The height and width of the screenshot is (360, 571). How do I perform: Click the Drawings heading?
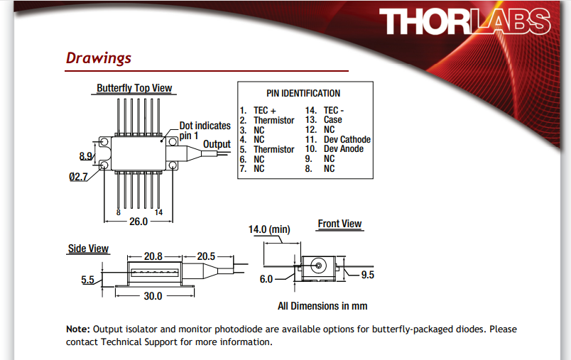click(x=99, y=58)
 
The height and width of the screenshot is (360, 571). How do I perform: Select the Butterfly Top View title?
click(x=134, y=89)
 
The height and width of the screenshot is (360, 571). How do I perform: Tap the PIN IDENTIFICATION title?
click(x=303, y=93)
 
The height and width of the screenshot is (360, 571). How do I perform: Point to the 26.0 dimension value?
click(x=138, y=222)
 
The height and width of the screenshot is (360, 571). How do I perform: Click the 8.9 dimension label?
click(x=86, y=156)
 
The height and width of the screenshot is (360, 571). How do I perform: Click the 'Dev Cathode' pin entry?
click(x=347, y=140)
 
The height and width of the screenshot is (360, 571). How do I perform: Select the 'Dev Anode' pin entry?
click(x=344, y=149)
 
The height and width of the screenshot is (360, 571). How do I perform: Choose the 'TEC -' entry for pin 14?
click(x=334, y=111)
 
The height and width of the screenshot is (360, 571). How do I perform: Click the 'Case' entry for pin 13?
click(x=333, y=120)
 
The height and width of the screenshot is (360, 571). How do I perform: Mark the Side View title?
click(x=88, y=249)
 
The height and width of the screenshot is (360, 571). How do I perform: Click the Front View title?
click(x=339, y=224)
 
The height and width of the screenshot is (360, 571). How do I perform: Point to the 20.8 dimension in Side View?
click(x=153, y=256)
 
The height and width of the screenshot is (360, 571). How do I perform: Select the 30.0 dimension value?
click(x=153, y=296)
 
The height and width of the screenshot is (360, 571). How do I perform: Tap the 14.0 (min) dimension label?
click(x=270, y=230)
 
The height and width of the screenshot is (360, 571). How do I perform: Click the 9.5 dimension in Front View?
click(x=368, y=275)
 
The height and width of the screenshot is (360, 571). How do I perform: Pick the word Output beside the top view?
click(x=217, y=144)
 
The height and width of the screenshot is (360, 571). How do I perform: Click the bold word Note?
click(x=77, y=329)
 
